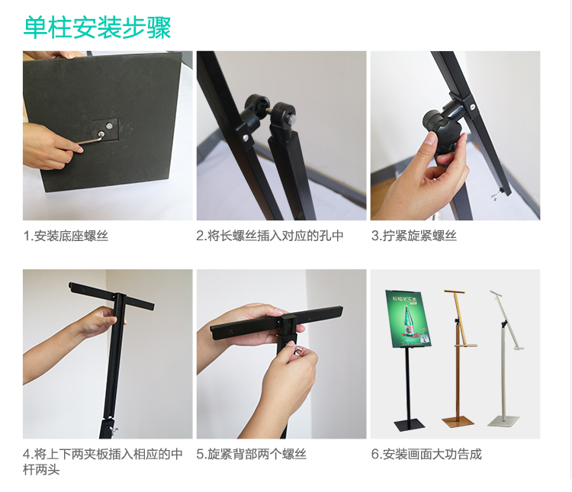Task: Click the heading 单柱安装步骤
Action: coord(97,27)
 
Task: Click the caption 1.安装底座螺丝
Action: coord(66,236)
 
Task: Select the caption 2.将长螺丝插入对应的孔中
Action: coord(270,236)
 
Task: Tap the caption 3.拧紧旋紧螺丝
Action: coord(414,236)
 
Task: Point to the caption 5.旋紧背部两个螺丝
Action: coord(252,454)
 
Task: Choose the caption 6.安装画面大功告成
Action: coord(426,454)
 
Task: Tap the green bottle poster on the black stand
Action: coord(409,320)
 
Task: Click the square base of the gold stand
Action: coord(458,421)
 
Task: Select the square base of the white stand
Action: coord(504,421)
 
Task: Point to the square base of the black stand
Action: coord(410,425)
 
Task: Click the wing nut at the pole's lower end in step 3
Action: coord(496,196)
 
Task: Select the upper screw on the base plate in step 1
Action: coord(109,126)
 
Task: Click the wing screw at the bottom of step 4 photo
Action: coord(114,431)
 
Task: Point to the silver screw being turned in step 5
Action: coord(298,349)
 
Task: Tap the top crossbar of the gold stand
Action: coord(455,292)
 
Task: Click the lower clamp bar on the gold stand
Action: coord(466,345)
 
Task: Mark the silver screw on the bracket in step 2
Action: coord(246,138)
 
